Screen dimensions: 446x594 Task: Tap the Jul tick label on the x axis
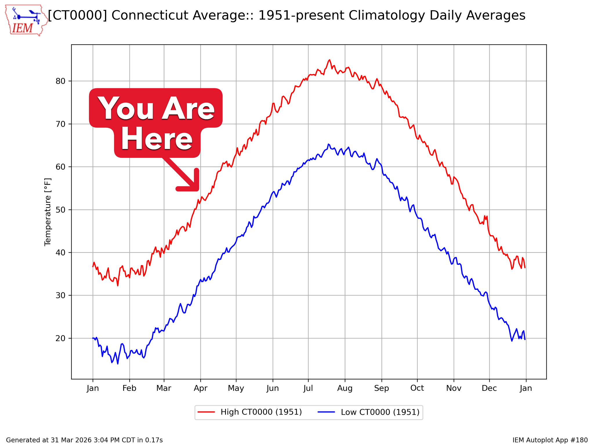[x=308, y=388]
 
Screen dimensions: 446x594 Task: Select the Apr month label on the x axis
[x=200, y=388]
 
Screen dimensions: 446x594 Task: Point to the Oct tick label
[x=417, y=388]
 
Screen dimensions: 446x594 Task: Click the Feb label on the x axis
[x=129, y=388]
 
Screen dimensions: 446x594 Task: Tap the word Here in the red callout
[x=157, y=140]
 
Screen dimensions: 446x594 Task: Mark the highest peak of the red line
[x=329, y=60]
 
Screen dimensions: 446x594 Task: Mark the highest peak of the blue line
[x=328, y=144]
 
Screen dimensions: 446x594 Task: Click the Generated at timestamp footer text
[x=84, y=440]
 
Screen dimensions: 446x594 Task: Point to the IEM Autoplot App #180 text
[x=550, y=440]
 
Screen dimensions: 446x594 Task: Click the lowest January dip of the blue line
[x=117, y=364]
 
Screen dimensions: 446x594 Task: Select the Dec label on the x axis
[x=489, y=388]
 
